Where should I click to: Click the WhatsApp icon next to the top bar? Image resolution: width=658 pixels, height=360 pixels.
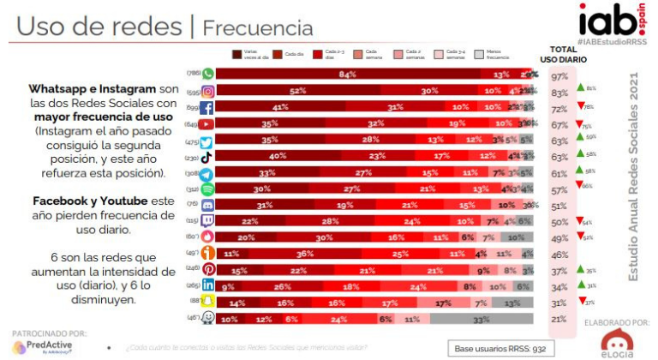[x=206, y=75]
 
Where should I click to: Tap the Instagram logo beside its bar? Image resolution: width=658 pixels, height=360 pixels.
[x=206, y=91]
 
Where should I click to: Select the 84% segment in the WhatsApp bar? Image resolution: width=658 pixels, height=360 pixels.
[x=346, y=75]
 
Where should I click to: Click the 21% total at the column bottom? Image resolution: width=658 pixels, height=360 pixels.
[x=560, y=319]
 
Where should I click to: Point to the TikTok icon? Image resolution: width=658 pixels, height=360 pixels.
[x=206, y=156]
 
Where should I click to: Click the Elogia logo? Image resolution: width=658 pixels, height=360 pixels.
[x=617, y=342]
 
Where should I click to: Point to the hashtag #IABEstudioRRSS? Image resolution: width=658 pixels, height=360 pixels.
[x=610, y=41]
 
